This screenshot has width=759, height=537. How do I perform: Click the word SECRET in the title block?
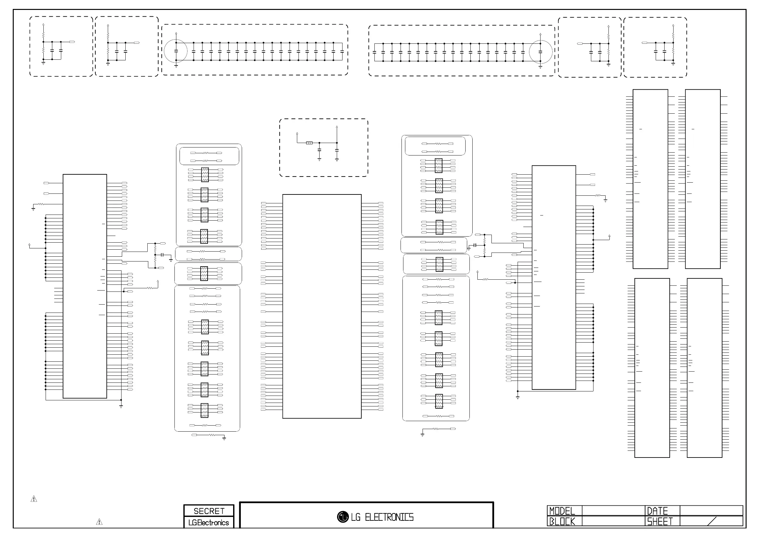[209, 511]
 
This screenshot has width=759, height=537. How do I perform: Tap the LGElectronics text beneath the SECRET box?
[209, 522]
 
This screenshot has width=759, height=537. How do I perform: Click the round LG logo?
[343, 517]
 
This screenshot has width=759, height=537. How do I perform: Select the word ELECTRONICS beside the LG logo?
[389, 517]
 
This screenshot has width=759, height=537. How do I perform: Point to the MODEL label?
[562, 511]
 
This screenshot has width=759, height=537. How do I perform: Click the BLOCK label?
[562, 521]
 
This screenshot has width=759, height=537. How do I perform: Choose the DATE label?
[657, 511]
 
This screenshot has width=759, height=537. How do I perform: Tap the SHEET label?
[660, 521]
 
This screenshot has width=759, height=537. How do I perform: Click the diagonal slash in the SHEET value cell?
[712, 521]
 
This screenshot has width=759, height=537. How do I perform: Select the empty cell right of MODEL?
[613, 511]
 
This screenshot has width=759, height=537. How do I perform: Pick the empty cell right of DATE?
[711, 511]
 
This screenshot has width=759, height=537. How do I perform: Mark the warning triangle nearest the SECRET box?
[99, 522]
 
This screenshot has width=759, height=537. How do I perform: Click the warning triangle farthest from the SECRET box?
[34, 499]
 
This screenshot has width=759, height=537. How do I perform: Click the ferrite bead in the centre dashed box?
[309, 143]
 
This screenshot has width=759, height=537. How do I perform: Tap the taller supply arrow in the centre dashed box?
[337, 127]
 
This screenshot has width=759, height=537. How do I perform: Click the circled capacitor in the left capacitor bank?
[176, 51]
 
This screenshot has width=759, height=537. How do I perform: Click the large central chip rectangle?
[322, 306]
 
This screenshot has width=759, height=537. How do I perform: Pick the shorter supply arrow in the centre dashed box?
[297, 134]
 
